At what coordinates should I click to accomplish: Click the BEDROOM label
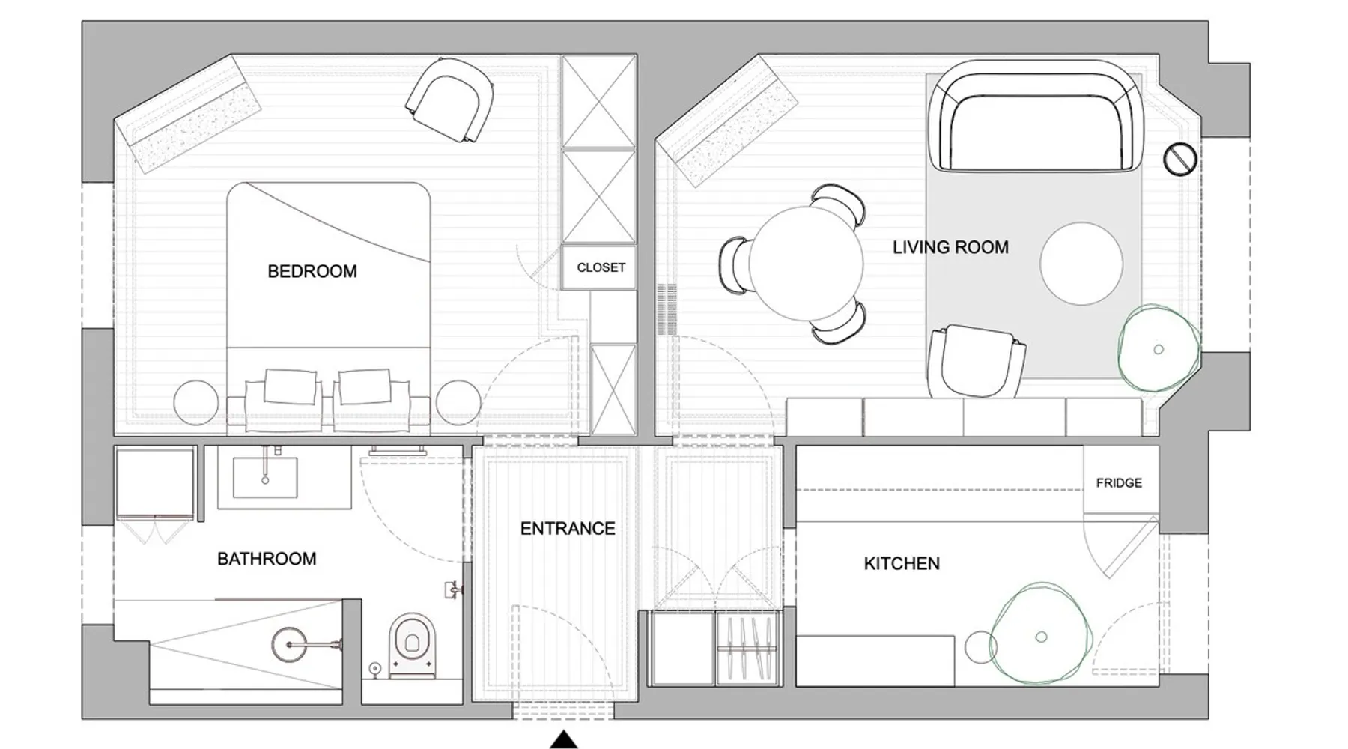[x=312, y=271]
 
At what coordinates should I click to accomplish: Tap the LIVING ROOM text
[x=950, y=247]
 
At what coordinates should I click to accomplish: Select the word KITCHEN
[x=902, y=563]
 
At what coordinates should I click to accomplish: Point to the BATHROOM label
[x=267, y=559]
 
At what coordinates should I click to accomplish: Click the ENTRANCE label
[x=568, y=529]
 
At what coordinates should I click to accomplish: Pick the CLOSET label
[x=601, y=267]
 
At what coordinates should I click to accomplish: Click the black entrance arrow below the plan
[x=564, y=740]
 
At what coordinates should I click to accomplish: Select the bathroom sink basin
[x=265, y=477]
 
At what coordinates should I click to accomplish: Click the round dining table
[x=805, y=263]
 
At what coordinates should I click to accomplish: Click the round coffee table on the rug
[x=1081, y=264]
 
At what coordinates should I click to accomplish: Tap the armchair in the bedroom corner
[x=450, y=100]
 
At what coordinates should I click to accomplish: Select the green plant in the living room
[x=1158, y=348]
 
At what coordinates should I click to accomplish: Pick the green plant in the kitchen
[x=1039, y=636]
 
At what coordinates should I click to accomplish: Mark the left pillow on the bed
[x=290, y=386]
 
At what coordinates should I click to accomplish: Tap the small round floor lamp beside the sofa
[x=1180, y=159]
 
